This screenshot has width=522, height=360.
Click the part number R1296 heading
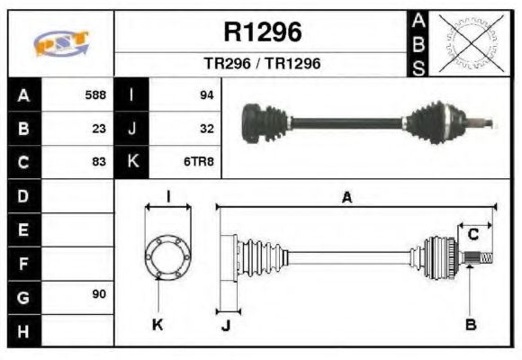tap(262, 32)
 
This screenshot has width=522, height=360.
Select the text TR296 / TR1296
tap(262, 64)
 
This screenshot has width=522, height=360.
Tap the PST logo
tap(61, 42)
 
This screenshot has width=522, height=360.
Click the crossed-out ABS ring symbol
tap(469, 42)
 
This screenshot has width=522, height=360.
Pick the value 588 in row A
tap(94, 94)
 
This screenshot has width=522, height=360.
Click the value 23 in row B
tap(99, 128)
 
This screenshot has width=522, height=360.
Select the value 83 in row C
tap(99, 162)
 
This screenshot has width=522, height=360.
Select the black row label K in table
tap(132, 162)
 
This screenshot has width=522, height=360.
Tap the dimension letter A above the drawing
tap(346, 197)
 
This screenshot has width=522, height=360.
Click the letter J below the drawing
tap(226, 326)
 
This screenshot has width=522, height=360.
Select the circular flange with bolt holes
tap(167, 256)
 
